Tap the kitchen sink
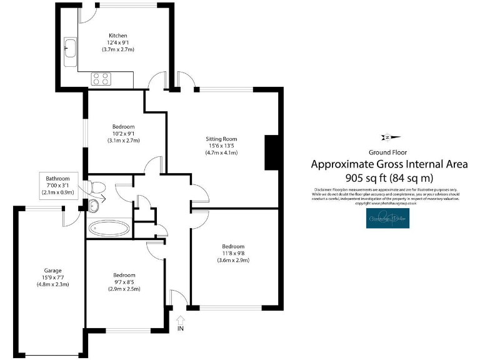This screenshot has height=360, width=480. click(x=70, y=47)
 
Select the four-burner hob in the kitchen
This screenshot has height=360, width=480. click(x=101, y=79)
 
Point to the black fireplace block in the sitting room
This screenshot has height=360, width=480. click(x=271, y=152)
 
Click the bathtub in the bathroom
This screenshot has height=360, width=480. click(x=109, y=227)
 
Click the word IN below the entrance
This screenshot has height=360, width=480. click(x=181, y=328)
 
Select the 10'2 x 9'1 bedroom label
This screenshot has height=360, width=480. click(x=123, y=133)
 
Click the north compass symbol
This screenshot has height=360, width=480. click(x=388, y=137)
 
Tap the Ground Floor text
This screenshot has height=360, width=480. click(x=389, y=152)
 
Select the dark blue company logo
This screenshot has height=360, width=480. click(x=388, y=218)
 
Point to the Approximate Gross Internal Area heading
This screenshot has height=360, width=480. click(x=389, y=164)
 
